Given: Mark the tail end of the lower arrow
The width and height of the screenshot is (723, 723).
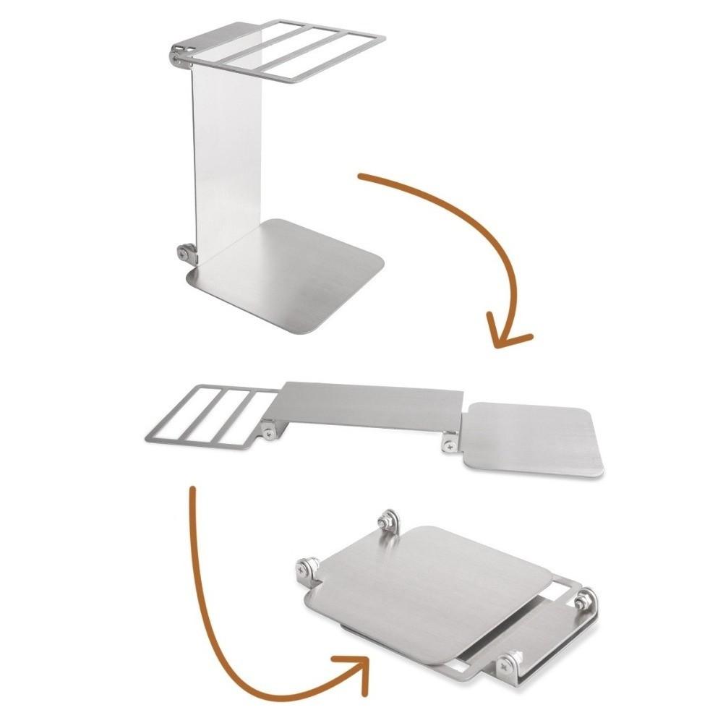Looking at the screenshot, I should [192, 490].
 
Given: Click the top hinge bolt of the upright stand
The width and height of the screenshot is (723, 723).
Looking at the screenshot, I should [179, 55].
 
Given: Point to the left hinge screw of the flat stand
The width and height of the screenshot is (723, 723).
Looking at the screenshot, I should [270, 433].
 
